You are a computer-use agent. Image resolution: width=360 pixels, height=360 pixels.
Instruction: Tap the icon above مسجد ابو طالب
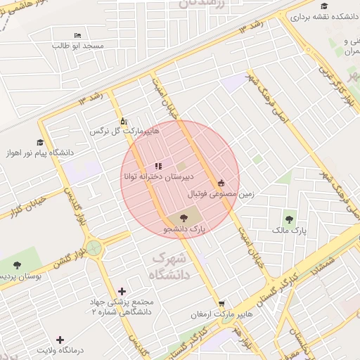(x=77, y=35)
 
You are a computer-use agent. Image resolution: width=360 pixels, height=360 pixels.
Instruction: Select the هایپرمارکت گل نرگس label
(x=124, y=131)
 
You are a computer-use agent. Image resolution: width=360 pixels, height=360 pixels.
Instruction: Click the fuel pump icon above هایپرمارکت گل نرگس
(x=124, y=120)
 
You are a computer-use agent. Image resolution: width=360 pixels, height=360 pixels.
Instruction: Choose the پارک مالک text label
(x=290, y=231)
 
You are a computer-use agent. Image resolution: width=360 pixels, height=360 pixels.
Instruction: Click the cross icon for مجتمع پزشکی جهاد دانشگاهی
(x=122, y=291)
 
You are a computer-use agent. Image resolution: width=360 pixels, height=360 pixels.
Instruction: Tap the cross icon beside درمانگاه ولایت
(x=60, y=340)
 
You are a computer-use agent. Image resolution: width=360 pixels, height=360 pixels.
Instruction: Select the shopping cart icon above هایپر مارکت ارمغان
(x=221, y=304)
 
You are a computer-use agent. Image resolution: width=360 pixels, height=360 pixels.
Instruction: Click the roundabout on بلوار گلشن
(x=94, y=247)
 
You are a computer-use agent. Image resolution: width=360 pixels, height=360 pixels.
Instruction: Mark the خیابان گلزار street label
(x=23, y=208)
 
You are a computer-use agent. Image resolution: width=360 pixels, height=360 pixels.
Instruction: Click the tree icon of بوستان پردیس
(x=17, y=265)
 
